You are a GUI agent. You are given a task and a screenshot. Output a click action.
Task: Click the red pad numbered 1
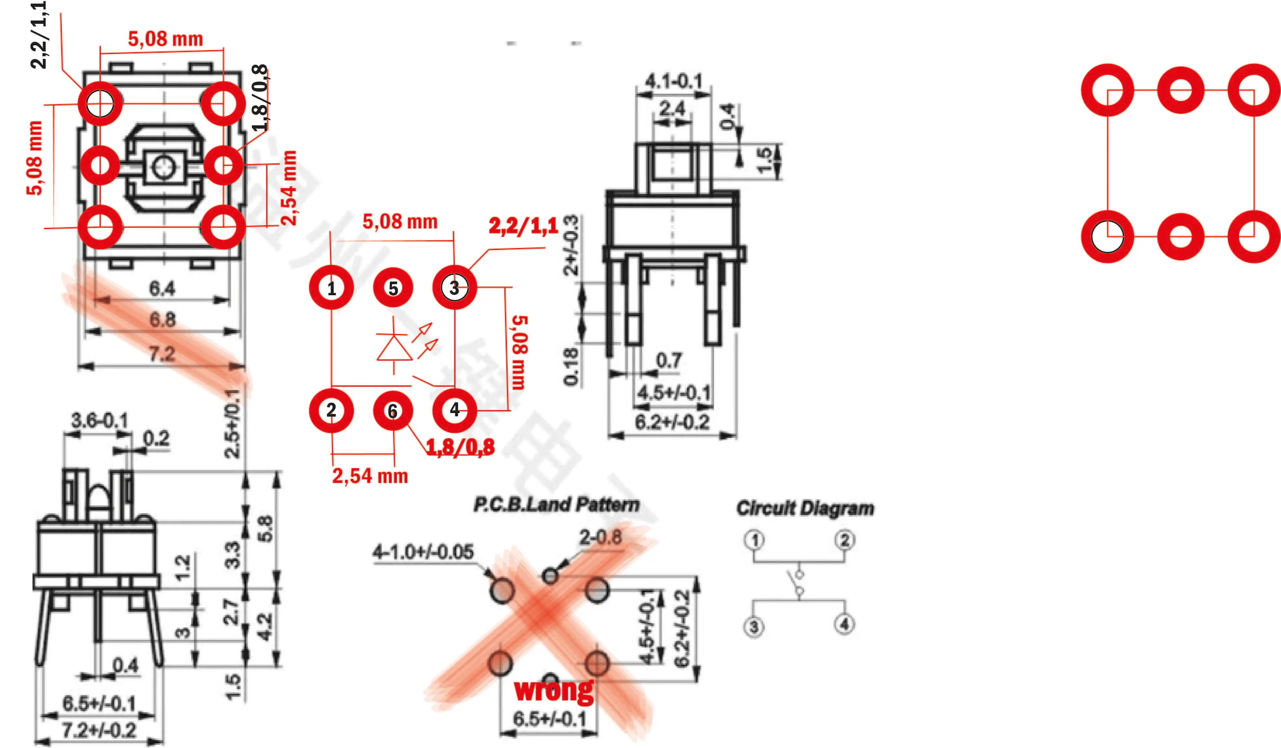[x=332, y=288]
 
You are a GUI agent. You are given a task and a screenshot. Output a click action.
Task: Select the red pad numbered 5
[x=393, y=288]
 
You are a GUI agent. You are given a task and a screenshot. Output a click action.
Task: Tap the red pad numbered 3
[x=455, y=288]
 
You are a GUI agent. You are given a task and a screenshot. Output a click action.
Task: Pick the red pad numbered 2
[x=332, y=410]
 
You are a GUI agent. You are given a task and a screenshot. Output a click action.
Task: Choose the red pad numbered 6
[x=393, y=410]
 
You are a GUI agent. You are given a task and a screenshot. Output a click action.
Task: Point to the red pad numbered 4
[x=455, y=410]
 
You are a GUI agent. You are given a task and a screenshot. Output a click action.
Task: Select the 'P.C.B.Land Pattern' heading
[x=557, y=505]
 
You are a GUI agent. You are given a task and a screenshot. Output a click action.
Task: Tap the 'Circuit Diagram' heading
[x=805, y=508]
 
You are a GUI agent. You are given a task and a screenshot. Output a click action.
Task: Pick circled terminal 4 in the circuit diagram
[x=844, y=624]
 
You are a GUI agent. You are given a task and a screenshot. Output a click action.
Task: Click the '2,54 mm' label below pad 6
[x=370, y=476]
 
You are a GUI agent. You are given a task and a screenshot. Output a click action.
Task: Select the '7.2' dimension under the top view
[x=162, y=353]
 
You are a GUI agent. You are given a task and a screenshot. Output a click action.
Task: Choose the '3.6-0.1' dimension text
[x=99, y=421]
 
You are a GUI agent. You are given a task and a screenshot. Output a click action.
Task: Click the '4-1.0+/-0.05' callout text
[x=423, y=552]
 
